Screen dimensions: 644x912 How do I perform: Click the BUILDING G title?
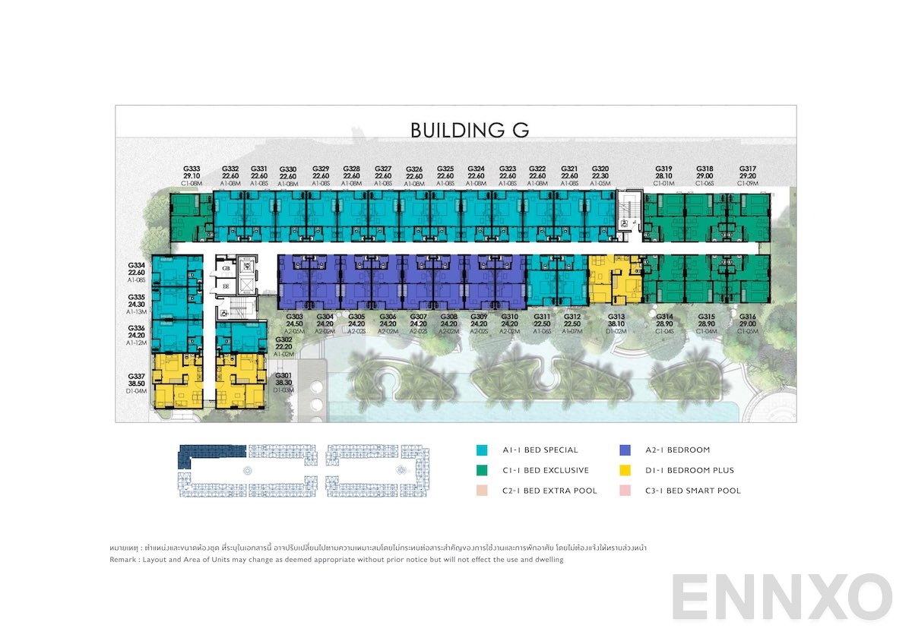click(470, 130)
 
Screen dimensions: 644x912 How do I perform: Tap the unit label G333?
click(192, 169)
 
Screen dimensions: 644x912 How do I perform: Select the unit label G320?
click(600, 169)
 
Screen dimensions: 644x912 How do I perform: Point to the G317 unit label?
click(747, 169)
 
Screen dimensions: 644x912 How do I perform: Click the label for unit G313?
click(616, 316)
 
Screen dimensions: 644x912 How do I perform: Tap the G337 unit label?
click(136, 377)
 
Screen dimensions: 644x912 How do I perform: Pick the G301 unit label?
click(283, 375)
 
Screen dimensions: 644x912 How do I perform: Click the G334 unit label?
click(136, 266)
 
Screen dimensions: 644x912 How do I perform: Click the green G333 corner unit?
click(191, 216)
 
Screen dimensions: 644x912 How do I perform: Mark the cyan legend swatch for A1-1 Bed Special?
click(482, 450)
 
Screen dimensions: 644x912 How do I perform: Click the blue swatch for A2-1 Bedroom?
click(625, 450)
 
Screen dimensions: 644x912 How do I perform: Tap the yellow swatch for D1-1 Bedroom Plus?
click(625, 470)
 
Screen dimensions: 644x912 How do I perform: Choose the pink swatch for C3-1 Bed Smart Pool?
click(625, 491)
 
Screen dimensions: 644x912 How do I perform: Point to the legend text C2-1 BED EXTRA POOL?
click(549, 491)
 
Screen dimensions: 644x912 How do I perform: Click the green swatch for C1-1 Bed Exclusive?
click(482, 470)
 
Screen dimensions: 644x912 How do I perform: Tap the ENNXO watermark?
click(781, 596)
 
